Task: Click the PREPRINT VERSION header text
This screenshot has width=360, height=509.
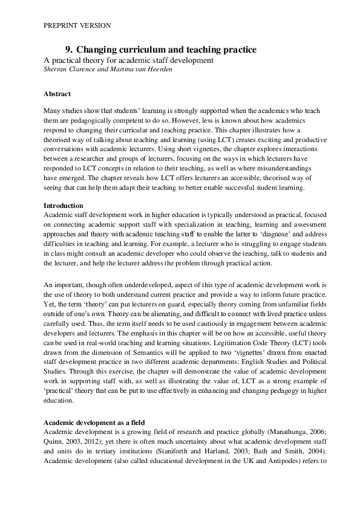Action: [77, 25]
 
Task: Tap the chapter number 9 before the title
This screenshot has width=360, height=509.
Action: [68, 49]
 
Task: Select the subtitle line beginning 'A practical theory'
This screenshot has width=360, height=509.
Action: [129, 60]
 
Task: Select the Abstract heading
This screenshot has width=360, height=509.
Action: [57, 94]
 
